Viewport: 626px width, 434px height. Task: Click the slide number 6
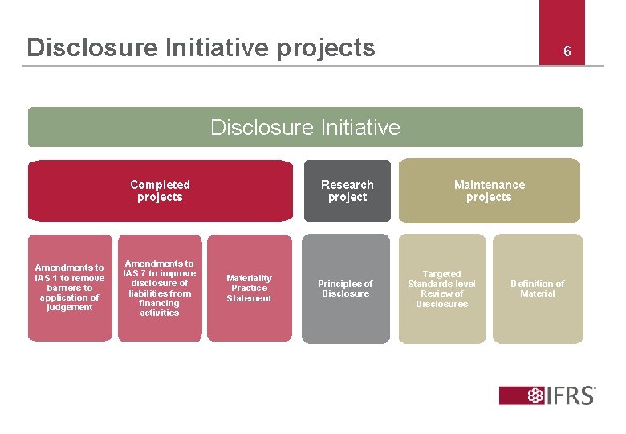click(567, 52)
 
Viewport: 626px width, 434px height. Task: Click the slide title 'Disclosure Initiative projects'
click(201, 47)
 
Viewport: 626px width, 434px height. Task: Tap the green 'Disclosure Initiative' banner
click(305, 127)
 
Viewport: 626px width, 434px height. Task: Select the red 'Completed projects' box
click(161, 190)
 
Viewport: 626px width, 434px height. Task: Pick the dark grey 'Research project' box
click(347, 190)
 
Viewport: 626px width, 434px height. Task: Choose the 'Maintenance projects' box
click(489, 190)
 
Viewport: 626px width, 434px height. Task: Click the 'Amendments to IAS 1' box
click(70, 288)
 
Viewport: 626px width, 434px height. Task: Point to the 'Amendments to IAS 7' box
click(159, 288)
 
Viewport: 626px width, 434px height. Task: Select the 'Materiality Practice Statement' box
click(249, 288)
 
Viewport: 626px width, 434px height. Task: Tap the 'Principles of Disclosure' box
click(345, 289)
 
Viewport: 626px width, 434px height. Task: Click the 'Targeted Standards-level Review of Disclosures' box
click(441, 289)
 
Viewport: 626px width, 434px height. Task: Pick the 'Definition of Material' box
click(537, 289)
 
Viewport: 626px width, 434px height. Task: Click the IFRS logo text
click(571, 395)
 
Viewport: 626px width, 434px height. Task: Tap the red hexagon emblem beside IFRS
click(535, 395)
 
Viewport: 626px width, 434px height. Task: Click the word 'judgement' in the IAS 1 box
click(70, 307)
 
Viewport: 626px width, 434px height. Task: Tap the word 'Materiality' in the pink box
click(249, 278)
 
